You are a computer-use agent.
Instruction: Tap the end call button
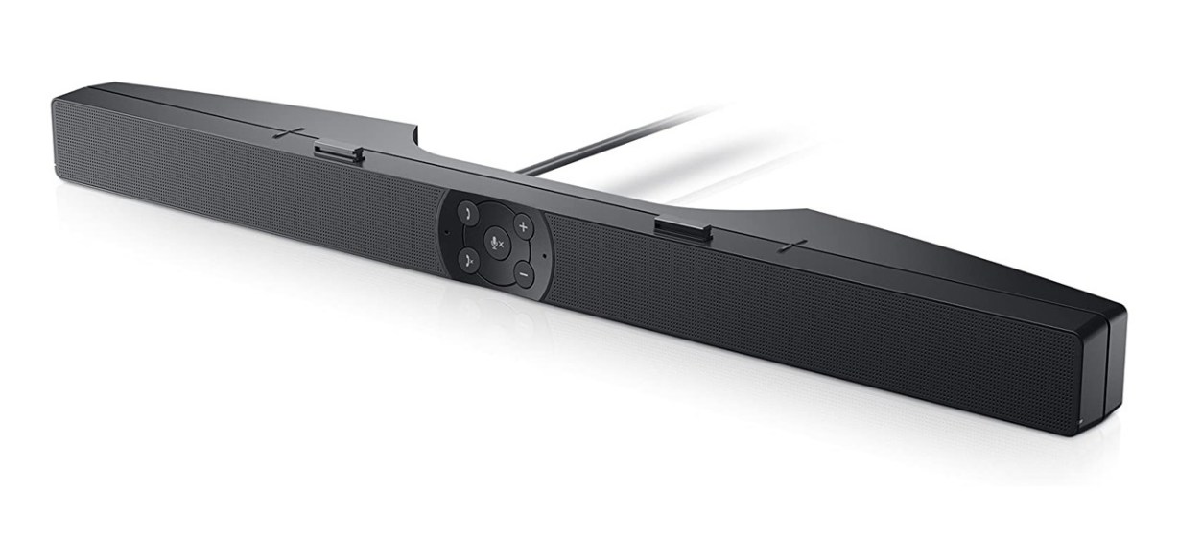click(467, 257)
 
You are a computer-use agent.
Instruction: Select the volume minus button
click(524, 274)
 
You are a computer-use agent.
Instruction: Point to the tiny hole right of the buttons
click(544, 256)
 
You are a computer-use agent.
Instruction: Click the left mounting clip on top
click(337, 152)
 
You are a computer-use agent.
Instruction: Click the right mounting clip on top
click(682, 229)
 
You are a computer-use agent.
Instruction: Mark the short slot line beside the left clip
click(288, 133)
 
